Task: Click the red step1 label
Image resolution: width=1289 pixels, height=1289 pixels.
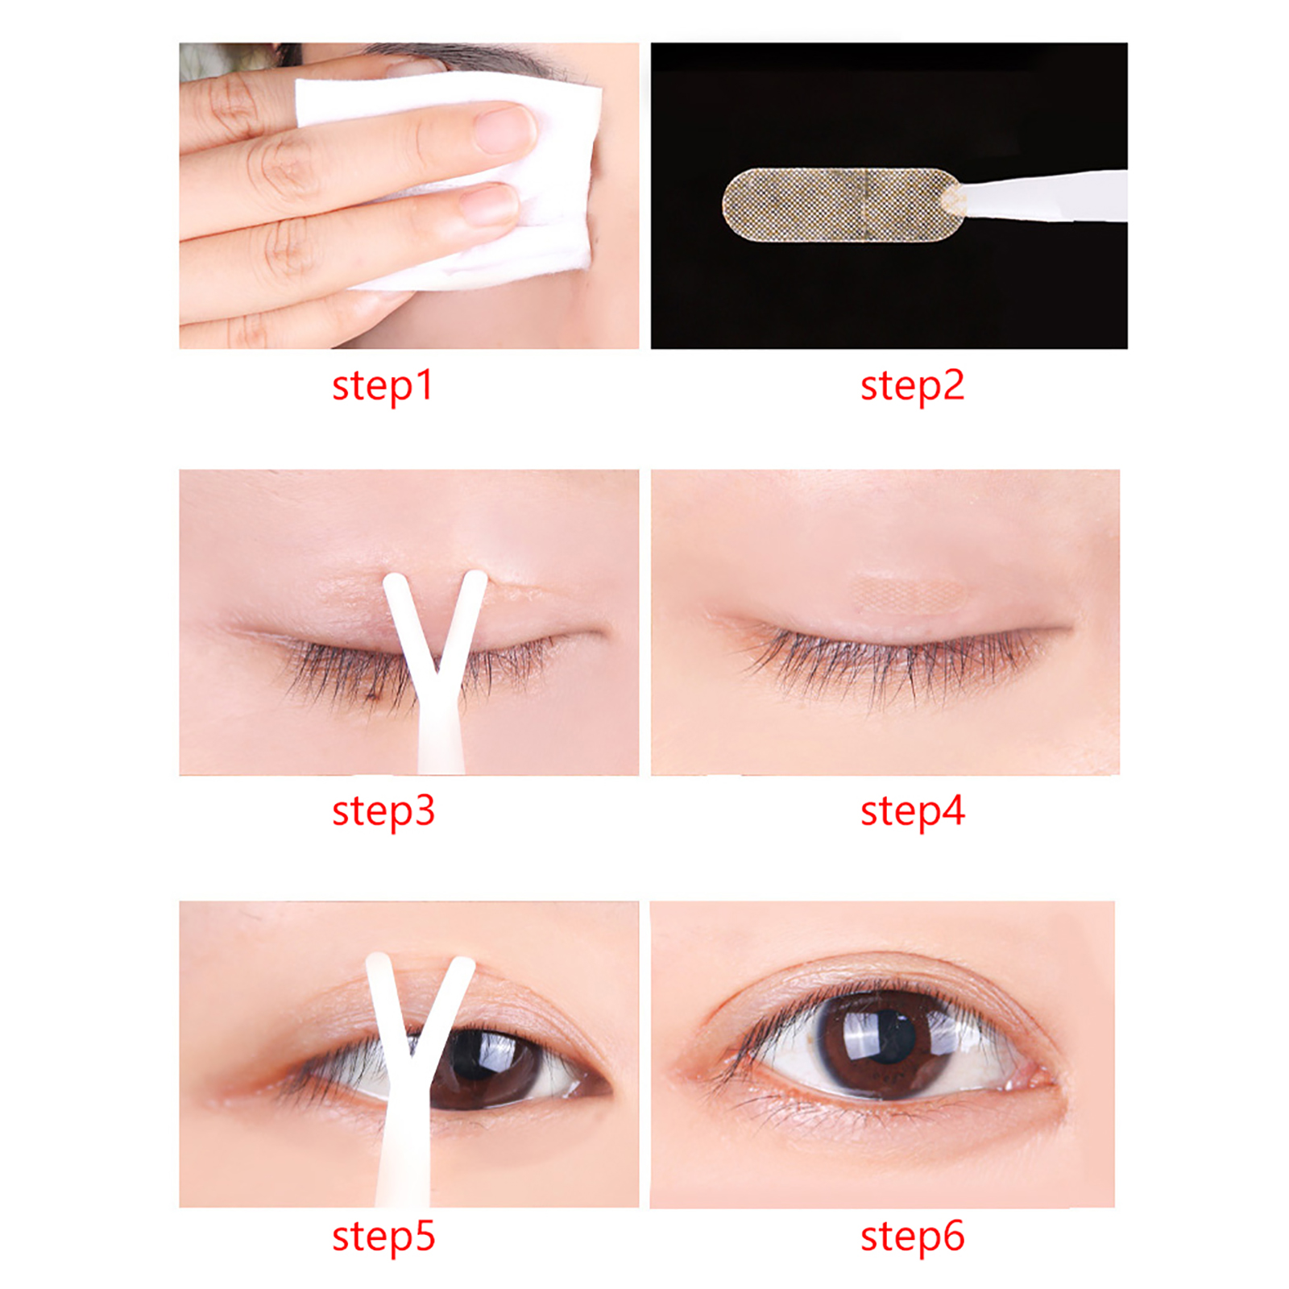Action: click(383, 386)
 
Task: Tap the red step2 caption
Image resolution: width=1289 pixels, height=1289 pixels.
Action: click(912, 386)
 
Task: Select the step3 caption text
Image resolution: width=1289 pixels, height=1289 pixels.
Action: click(383, 811)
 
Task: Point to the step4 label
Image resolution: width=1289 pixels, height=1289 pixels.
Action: click(912, 811)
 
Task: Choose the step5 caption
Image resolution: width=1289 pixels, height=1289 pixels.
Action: click(383, 1237)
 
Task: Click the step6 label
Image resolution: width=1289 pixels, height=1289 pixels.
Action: click(912, 1237)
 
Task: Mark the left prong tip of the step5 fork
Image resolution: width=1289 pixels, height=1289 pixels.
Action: click(377, 962)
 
